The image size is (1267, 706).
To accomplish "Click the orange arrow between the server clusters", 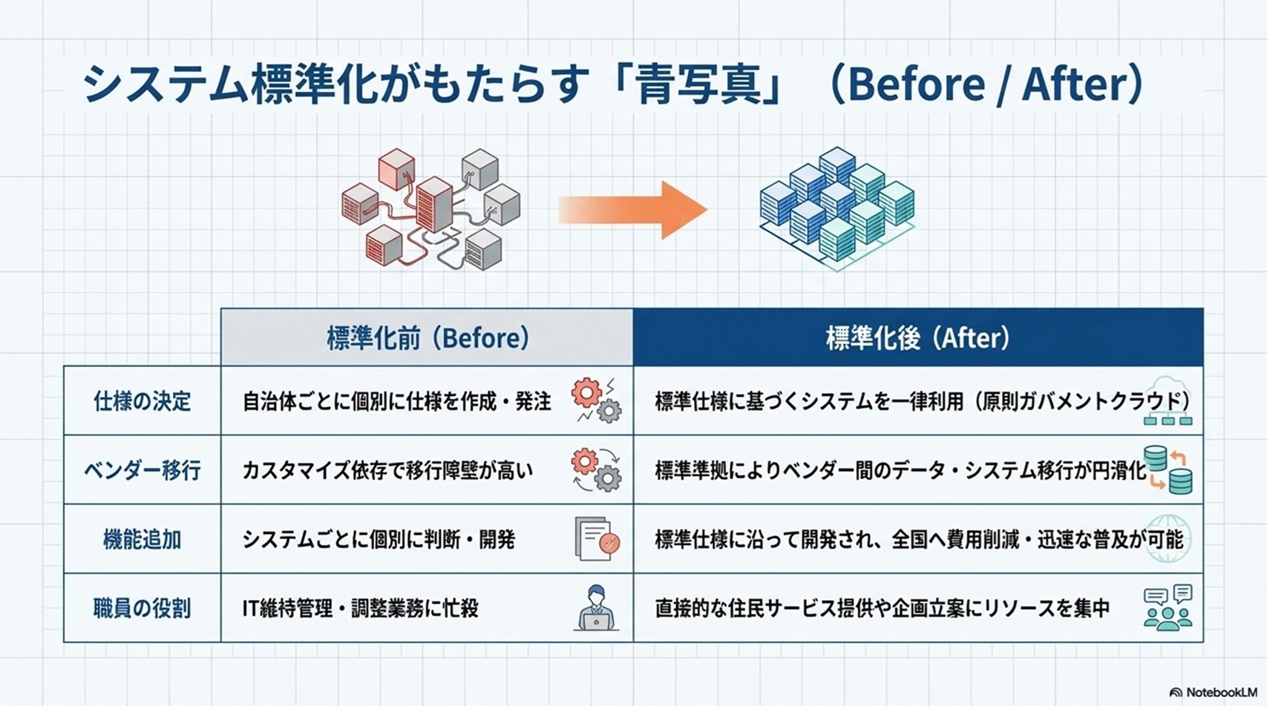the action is [633, 210].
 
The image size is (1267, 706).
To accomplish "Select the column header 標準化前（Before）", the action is [428, 338].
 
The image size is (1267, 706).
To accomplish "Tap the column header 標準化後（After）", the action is [918, 338].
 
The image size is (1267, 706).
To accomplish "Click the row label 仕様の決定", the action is [142, 401].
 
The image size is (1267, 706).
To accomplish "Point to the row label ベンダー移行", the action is [142, 470].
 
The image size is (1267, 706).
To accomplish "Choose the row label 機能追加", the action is [142, 539].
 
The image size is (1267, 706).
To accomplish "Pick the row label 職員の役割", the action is [142, 608].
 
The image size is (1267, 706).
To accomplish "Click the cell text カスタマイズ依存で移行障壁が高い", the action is [387, 470].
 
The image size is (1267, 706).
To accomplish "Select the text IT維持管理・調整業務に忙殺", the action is [361, 608].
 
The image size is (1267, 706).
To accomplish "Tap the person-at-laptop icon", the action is [596, 608].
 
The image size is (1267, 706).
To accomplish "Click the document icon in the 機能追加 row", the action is [596, 539].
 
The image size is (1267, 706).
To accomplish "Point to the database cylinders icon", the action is [1168, 470].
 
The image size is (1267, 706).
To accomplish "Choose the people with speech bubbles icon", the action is [1168, 608].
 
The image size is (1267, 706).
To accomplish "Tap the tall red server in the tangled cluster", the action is [434, 205].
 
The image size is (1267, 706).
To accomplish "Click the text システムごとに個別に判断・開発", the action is [379, 539].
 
